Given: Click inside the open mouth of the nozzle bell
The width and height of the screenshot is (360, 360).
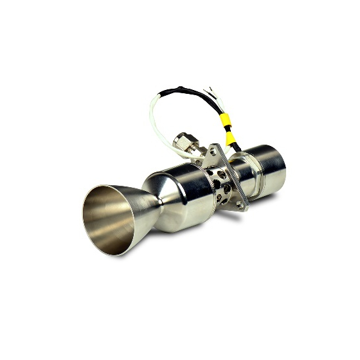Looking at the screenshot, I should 108,219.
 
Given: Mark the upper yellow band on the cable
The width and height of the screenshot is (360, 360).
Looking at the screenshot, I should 225,119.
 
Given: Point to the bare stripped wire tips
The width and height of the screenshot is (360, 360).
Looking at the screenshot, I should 209,89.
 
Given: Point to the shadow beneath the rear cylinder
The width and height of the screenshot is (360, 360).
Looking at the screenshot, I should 270,199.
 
